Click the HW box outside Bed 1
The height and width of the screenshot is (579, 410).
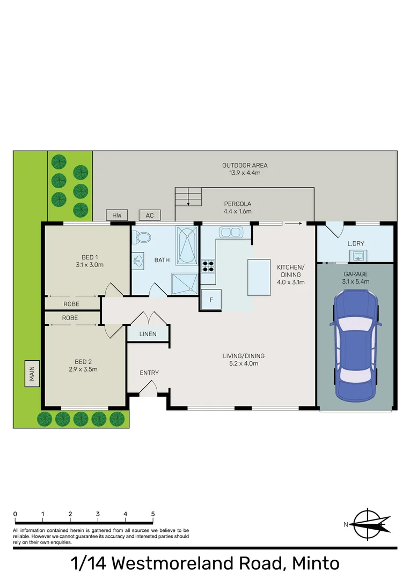(117, 216)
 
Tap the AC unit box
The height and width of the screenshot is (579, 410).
(150, 216)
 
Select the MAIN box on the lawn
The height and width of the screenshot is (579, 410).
(32, 374)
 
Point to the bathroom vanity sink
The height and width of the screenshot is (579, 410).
(138, 261)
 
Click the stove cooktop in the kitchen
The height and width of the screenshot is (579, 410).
(208, 266)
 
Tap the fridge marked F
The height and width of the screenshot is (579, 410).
(211, 300)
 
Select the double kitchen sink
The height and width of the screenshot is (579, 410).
(231, 233)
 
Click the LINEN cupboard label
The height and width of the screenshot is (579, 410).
(148, 334)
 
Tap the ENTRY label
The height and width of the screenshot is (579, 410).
(149, 373)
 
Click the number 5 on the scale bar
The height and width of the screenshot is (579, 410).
(153, 514)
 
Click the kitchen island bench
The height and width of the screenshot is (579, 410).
(258, 277)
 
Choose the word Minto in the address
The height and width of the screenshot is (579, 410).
(316, 564)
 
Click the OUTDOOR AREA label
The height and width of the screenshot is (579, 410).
(245, 165)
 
